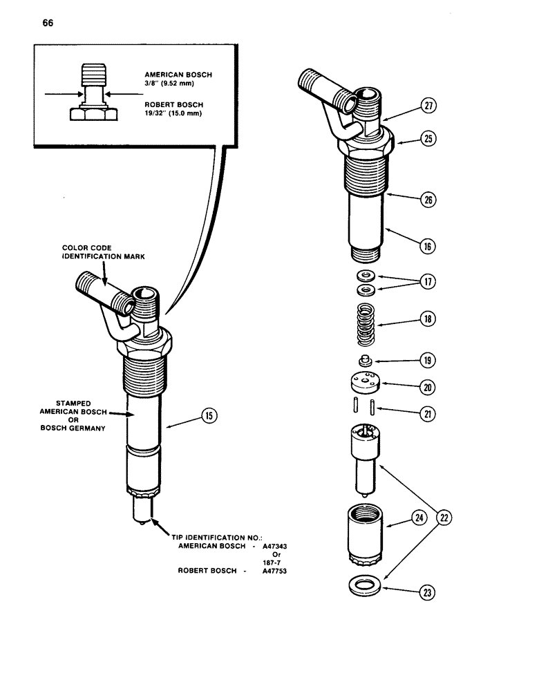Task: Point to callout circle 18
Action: [428, 319]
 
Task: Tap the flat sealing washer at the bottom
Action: [364, 586]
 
